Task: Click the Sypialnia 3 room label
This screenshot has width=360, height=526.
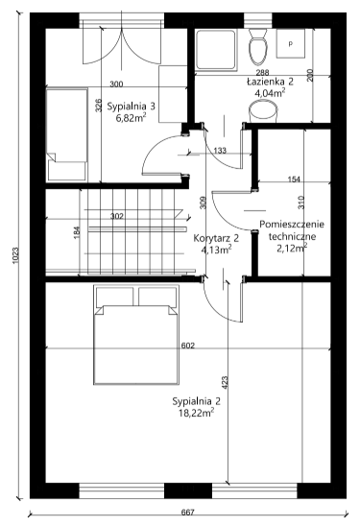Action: pos(132,107)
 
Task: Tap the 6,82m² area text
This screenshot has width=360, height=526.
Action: pos(131,118)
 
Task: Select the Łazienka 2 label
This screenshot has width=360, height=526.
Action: pos(270,82)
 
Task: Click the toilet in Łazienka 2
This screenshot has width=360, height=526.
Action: pos(257,47)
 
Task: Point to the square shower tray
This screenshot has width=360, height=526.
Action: pos(216,50)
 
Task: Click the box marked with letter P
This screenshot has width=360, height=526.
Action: pos(291,43)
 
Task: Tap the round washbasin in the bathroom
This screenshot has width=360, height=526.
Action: pos(263,111)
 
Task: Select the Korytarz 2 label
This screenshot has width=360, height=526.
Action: pos(216,238)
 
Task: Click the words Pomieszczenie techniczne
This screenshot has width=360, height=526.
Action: pos(292,230)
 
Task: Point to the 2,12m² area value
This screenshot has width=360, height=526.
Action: pos(292,249)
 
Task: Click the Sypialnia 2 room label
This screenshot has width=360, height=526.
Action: pos(196,401)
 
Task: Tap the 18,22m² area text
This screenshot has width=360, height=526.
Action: pos(196,413)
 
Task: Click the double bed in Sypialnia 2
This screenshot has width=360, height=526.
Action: pos(135,334)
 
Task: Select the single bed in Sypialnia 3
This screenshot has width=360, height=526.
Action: pos(67,134)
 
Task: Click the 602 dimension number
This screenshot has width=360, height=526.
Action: pos(188,346)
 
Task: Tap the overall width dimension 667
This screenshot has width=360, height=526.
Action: pos(188,513)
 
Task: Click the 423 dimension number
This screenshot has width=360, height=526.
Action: pos(225,382)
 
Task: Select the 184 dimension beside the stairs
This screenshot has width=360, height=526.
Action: pos(77,232)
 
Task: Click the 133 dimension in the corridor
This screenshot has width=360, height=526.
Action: pos(220,151)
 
